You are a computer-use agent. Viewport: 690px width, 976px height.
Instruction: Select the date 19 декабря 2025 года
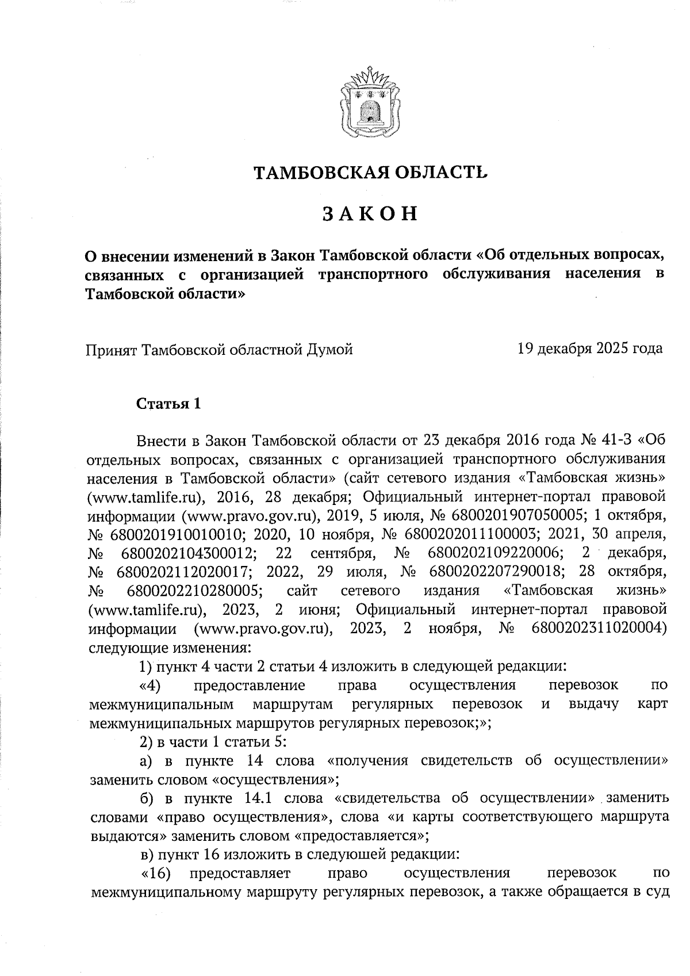(x=590, y=348)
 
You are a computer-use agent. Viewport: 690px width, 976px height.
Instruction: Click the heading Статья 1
(x=168, y=404)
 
